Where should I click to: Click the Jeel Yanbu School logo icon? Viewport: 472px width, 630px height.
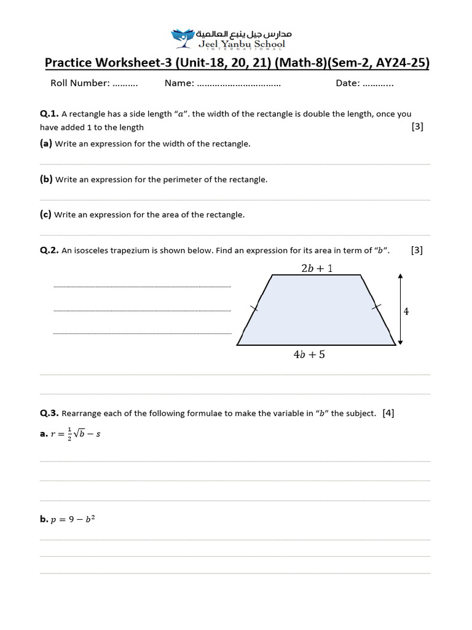182,38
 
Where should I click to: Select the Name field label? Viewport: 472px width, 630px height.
179,83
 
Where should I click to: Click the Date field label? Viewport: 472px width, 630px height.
348,83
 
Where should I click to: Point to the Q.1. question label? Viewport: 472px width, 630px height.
49,114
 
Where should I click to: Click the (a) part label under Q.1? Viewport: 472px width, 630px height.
46,143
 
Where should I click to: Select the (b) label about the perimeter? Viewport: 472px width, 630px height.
46,180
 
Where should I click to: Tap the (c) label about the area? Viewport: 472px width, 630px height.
45,215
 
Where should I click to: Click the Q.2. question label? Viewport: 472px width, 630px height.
49,250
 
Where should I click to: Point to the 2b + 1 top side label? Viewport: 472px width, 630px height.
317,268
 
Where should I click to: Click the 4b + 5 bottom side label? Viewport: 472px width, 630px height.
309,355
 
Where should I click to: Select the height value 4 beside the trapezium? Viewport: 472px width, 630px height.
406,312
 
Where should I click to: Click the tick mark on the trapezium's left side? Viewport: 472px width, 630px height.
254,309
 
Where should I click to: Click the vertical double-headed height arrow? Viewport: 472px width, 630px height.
400,309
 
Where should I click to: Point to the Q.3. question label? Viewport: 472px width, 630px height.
49,413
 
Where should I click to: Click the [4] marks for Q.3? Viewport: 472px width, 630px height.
388,413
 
